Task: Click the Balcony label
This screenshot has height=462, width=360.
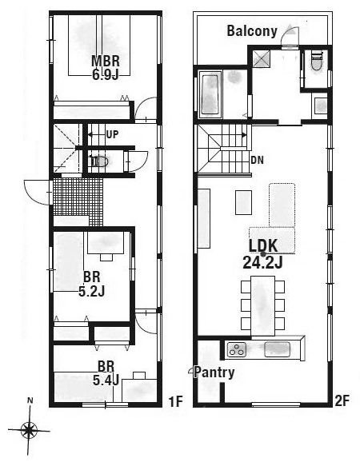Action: (251, 32)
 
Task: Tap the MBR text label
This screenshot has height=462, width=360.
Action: (105, 61)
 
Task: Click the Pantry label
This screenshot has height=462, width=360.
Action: (216, 372)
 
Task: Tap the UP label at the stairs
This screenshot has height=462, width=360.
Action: (112, 134)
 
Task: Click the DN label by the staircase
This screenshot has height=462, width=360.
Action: (257, 160)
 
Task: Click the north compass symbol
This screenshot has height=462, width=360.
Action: (29, 429)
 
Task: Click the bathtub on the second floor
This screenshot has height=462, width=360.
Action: (211, 94)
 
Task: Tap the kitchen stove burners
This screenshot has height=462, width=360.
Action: (238, 348)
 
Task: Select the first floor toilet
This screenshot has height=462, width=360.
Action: (99, 161)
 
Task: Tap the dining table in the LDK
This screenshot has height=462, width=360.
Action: (261, 305)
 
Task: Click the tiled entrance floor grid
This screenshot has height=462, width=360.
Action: (78, 201)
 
